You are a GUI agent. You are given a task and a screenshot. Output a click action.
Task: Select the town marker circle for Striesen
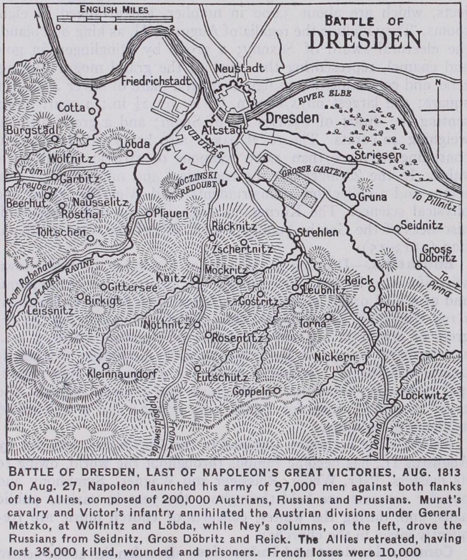(x=349, y=158)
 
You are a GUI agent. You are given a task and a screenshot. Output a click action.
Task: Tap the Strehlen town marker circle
(x=297, y=238)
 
